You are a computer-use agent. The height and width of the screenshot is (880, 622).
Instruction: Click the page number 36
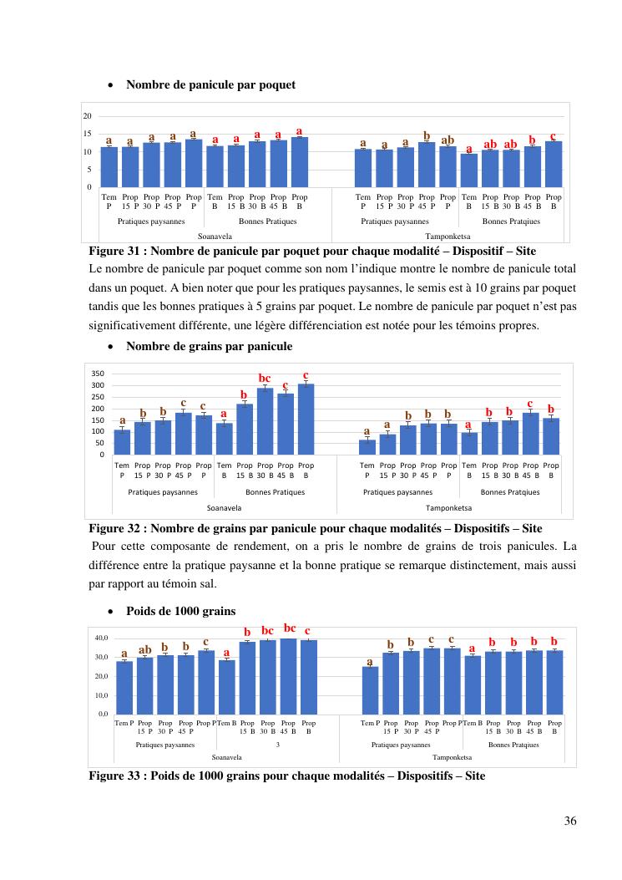point(570,820)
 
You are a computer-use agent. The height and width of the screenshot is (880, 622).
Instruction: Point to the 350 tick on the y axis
point(99,374)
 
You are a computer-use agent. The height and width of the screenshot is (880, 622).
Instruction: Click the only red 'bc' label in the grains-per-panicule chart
point(265,379)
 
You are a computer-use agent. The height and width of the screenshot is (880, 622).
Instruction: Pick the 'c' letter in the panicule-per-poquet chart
point(553,135)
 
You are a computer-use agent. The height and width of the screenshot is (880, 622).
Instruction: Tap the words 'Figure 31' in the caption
point(118,251)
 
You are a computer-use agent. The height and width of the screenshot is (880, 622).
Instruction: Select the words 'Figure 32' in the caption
point(118,528)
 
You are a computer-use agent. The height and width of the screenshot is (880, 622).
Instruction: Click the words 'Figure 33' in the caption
point(118,776)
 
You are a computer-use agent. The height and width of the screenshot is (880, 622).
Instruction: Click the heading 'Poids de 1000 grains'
point(180,610)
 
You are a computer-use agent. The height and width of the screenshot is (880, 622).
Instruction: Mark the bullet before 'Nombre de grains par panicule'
point(111,347)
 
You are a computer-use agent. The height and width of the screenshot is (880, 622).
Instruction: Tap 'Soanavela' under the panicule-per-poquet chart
point(215,237)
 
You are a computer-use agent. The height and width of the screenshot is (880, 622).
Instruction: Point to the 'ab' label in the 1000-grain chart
point(144,649)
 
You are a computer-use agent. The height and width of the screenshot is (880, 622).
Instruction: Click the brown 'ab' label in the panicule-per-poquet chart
point(448,140)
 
